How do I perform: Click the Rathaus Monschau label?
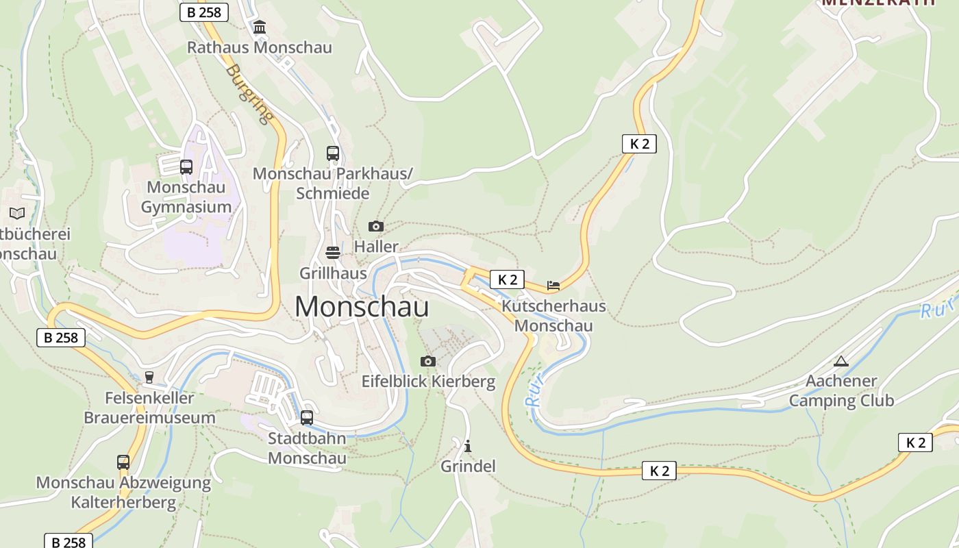pyautogui.click(x=259, y=47)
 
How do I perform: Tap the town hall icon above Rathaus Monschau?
pyautogui.click(x=260, y=27)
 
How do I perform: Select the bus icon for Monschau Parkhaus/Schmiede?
pyautogui.click(x=333, y=153)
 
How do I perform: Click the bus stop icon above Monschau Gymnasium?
pyautogui.click(x=186, y=166)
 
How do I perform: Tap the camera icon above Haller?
pyautogui.click(x=375, y=226)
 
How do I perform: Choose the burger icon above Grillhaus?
pyautogui.click(x=333, y=253)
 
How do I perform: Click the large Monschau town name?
pyautogui.click(x=362, y=306)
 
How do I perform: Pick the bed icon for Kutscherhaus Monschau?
pyautogui.click(x=553, y=285)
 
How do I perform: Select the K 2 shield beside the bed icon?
pyautogui.click(x=507, y=279)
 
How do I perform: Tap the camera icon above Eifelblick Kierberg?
pyautogui.click(x=427, y=361)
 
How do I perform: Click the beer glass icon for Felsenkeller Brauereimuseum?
pyautogui.click(x=149, y=377)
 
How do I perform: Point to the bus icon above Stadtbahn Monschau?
pyautogui.click(x=307, y=417)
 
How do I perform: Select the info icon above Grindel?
pyautogui.click(x=468, y=446)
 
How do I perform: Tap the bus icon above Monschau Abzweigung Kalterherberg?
pyautogui.click(x=123, y=462)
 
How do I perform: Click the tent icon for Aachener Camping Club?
pyautogui.click(x=841, y=361)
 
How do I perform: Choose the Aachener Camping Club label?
pyautogui.click(x=841, y=390)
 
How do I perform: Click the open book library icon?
pyautogui.click(x=17, y=213)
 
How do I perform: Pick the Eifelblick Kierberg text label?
pyautogui.click(x=428, y=382)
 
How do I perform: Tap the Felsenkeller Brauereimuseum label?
pyautogui.click(x=149, y=408)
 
